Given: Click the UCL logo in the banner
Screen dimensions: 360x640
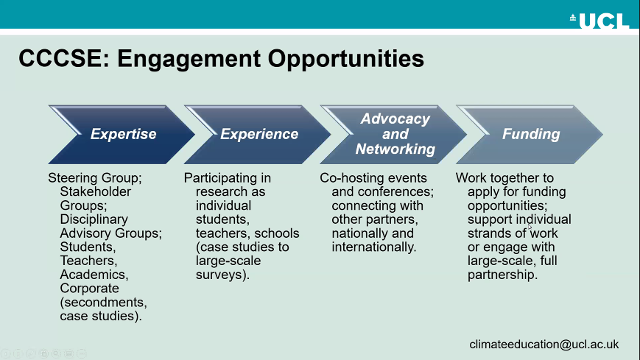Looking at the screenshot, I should pyautogui.click(x=600, y=20).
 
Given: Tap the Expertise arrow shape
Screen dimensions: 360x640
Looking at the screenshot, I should pyautogui.click(x=122, y=134).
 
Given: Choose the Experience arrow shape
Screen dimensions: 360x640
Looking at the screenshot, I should pyautogui.click(x=259, y=134).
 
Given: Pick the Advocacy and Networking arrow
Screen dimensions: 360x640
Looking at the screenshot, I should pyautogui.click(x=395, y=134).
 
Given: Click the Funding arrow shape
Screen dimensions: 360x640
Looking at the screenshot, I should pyautogui.click(x=530, y=134).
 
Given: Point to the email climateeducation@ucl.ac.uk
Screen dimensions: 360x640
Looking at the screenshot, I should pyautogui.click(x=545, y=344).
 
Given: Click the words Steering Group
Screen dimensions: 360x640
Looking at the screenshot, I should pyautogui.click(x=86, y=178).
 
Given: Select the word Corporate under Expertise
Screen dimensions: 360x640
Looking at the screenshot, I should pyautogui.click(x=89, y=289).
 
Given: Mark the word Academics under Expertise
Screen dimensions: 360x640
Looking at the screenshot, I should pyautogui.click(x=94, y=275).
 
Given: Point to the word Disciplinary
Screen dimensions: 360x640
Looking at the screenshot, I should pyautogui.click(x=94, y=219).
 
